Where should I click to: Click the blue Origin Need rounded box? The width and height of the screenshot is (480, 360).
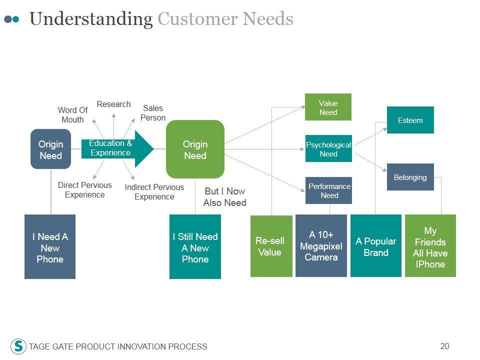(51, 149)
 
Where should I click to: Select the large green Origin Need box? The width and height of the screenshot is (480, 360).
(195, 149)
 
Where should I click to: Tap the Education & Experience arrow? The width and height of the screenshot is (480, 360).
(117, 149)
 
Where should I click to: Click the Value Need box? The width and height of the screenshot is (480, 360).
(328, 107)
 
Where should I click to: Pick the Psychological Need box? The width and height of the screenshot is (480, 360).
(328, 148)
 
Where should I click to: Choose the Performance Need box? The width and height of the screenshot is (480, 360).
(328, 190)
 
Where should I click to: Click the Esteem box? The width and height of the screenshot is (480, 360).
(410, 120)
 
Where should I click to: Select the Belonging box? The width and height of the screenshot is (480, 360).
(410, 177)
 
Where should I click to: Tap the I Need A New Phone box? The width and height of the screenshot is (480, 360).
(50, 246)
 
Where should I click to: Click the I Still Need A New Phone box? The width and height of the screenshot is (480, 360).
(195, 246)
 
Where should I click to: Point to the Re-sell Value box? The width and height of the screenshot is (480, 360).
(271, 246)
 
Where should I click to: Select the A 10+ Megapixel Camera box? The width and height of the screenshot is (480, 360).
(321, 246)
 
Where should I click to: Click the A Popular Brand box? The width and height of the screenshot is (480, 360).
(376, 246)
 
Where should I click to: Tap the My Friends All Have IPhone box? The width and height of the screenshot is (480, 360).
(430, 246)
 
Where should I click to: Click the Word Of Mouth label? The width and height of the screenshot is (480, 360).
(72, 115)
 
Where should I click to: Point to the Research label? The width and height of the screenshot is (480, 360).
(113, 104)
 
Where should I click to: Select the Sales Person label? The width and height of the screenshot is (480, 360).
(153, 113)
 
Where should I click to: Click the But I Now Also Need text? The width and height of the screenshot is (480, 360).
(224, 197)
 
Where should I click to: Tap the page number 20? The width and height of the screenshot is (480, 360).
(444, 346)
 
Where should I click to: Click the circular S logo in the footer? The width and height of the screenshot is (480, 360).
(18, 346)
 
